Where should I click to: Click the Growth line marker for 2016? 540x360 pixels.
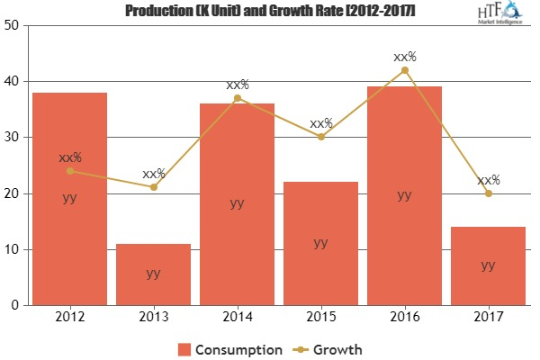point(404,70)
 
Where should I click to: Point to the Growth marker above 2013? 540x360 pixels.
point(153,187)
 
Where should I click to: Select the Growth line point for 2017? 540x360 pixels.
point(488,193)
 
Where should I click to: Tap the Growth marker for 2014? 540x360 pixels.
point(237,98)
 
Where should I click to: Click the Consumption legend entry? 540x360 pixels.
point(231,349)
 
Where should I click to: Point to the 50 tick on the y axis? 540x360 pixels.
point(14,25)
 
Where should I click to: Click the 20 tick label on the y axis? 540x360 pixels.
point(14,193)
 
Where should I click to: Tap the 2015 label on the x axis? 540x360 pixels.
point(320,317)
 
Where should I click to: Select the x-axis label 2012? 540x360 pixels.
point(69,317)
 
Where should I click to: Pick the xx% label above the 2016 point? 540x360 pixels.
point(404,57)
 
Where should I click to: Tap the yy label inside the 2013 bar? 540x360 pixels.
point(153,273)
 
